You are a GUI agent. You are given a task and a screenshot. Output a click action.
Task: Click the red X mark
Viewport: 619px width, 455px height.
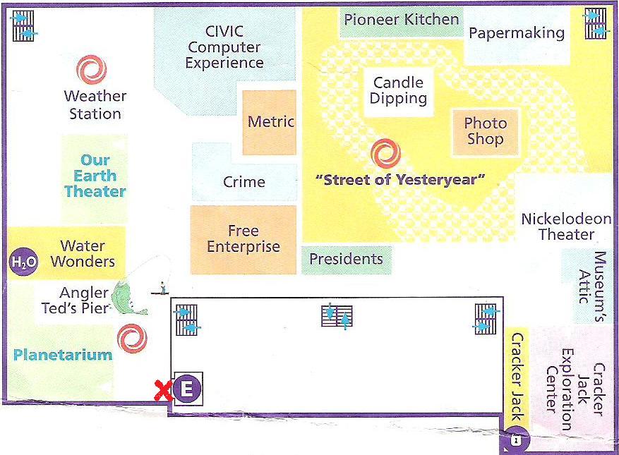coord(162,391)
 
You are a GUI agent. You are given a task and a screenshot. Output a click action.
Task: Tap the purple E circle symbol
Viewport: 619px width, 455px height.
coord(187,389)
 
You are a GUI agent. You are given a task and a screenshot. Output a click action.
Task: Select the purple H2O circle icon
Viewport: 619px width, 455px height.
coord(24,262)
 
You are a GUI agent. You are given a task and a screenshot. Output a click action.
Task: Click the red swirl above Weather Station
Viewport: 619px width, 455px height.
coord(92,70)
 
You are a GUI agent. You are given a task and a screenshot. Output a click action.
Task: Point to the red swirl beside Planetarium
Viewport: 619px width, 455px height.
coord(132,339)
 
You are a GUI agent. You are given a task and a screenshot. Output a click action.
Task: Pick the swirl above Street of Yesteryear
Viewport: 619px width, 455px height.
coord(385,154)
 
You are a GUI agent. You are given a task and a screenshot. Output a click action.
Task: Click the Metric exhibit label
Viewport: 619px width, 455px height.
coord(271,121)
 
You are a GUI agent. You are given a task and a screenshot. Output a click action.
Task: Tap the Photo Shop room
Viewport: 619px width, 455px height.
coord(485,132)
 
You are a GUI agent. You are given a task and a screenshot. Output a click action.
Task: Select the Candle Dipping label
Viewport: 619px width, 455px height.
coord(398,90)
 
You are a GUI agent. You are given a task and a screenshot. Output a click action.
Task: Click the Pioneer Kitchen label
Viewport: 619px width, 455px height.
coord(402,20)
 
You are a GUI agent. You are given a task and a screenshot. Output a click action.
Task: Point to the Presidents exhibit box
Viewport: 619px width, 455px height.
coord(347,260)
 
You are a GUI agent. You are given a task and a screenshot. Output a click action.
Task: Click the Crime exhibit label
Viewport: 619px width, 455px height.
coord(244,182)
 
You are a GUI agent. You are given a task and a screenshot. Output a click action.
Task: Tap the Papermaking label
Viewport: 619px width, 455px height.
coord(517,34)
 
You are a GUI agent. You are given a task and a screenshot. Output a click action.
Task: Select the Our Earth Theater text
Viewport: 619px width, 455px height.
coord(95,176)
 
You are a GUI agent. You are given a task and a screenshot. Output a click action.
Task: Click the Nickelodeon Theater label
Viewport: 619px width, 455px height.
coord(566,226)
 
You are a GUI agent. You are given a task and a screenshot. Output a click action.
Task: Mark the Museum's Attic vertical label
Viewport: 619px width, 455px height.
coord(592,286)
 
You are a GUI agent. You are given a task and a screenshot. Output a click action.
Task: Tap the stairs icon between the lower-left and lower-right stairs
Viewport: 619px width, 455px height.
coord(337,316)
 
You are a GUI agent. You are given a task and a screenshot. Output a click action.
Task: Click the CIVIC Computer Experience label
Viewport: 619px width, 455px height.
coord(224,47)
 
